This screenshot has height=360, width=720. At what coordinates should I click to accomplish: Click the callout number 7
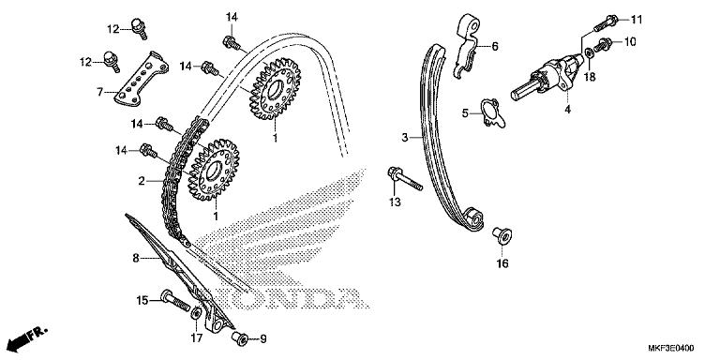99,92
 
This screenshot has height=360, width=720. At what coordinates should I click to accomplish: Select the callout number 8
135,258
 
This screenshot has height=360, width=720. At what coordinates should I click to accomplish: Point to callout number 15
142,300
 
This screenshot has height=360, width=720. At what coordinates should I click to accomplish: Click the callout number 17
195,337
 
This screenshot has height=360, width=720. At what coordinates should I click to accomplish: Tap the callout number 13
395,202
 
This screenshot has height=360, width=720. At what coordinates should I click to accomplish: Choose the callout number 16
502,264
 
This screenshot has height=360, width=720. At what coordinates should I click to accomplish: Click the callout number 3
406,138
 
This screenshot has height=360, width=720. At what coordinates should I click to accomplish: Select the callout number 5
464,113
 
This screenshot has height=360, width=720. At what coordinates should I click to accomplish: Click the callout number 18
590,79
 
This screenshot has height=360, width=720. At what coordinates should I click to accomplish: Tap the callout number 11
637,19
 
